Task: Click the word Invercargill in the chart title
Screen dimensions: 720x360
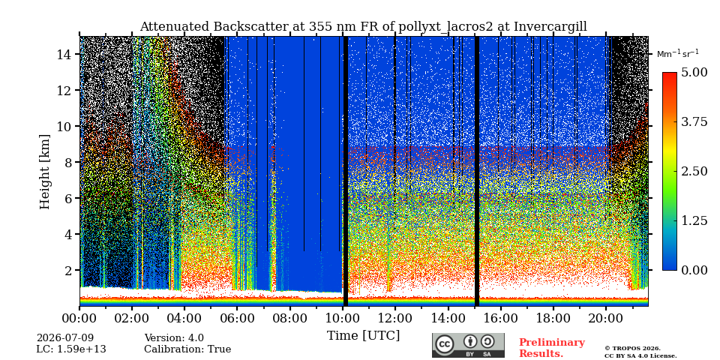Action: point(550,27)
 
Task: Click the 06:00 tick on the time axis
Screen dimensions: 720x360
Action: point(237,317)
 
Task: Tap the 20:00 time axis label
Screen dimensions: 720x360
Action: point(605,317)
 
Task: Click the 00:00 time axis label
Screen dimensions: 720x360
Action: point(79,317)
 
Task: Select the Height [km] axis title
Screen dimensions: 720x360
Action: point(44,172)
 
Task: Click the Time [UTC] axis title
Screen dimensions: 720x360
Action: point(363,336)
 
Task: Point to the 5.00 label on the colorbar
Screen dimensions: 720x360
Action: point(695,73)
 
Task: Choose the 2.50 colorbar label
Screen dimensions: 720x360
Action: point(695,171)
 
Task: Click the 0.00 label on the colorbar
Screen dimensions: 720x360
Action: point(695,270)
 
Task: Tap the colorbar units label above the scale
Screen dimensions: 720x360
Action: point(678,54)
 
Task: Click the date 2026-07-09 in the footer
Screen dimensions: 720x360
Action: point(65,338)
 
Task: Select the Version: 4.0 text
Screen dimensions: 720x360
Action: point(174,338)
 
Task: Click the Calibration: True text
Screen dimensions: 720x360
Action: point(187,349)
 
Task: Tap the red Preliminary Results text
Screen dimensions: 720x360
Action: point(552,348)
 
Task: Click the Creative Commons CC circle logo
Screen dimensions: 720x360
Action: point(445,344)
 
